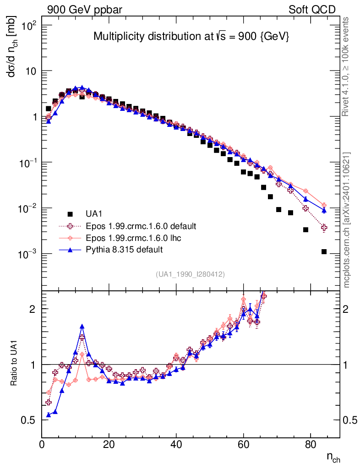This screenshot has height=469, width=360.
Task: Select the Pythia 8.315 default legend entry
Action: click(124, 250)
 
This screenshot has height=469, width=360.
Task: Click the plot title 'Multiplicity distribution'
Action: click(191, 37)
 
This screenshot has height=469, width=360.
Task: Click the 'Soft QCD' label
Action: click(312, 10)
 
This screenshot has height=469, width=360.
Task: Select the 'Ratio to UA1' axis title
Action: click(15, 365)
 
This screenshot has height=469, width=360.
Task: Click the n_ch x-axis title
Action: click(333, 457)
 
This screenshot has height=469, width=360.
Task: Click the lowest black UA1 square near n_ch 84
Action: click(324, 251)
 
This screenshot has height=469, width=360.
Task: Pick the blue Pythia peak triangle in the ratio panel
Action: click(82, 327)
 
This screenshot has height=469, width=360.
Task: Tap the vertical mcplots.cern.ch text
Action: click(347, 220)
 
